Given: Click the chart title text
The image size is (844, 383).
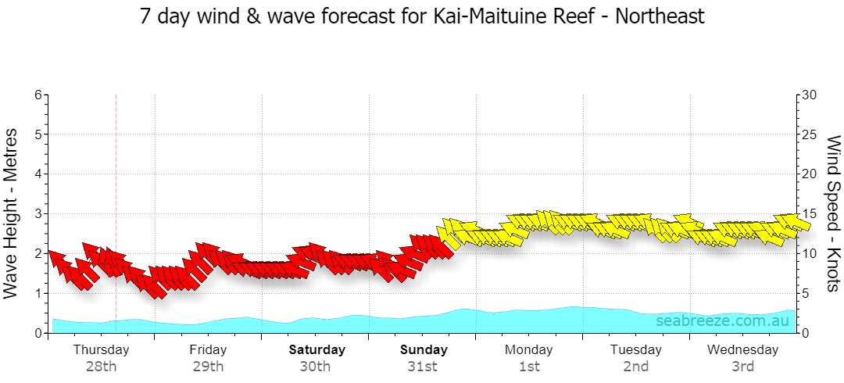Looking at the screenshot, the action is (x=422, y=16).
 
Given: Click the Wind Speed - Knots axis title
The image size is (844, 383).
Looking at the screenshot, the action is (x=833, y=213).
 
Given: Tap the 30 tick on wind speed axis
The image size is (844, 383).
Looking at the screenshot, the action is (x=809, y=95).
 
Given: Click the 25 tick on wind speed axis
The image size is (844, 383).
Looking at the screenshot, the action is (x=809, y=134).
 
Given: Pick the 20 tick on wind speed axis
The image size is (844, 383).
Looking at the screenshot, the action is (x=809, y=174).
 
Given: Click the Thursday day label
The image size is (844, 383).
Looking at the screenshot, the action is (x=101, y=350).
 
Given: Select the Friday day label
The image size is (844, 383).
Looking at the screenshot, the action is (x=208, y=349).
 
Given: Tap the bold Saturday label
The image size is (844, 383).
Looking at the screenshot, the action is (x=317, y=349).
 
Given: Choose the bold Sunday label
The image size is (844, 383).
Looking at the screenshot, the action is (x=424, y=349).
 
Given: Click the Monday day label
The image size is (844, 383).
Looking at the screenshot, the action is (x=528, y=350).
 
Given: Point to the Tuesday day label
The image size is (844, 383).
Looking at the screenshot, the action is (x=635, y=350).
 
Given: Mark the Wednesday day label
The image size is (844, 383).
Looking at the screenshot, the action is (x=743, y=350).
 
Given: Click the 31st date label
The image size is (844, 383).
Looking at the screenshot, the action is (x=422, y=367).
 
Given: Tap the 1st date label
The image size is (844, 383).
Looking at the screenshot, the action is (x=529, y=367).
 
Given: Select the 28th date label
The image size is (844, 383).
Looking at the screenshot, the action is (x=101, y=367).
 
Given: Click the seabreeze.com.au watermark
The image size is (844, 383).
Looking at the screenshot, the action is (x=722, y=321).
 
